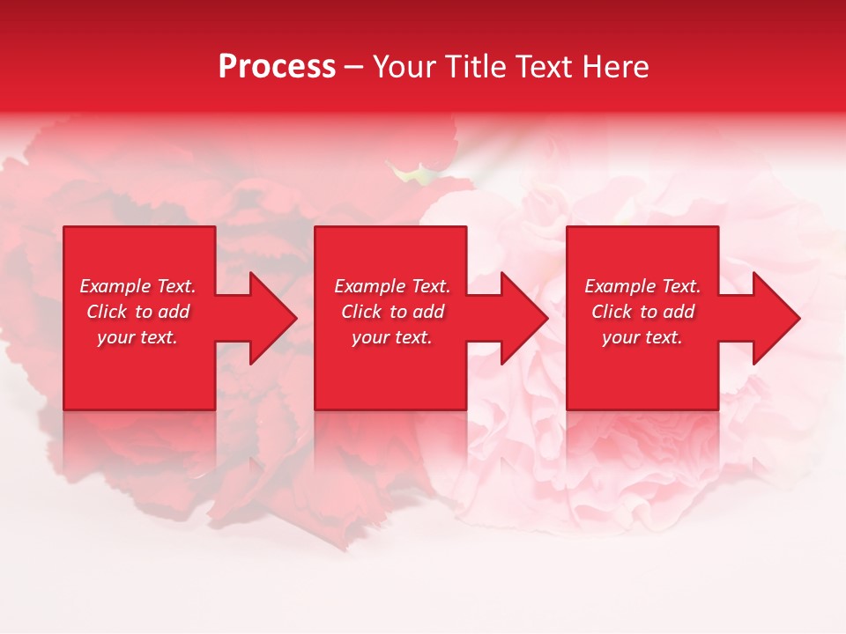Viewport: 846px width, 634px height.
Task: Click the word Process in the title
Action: click(x=277, y=67)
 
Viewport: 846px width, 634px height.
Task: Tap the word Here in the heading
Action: click(x=615, y=67)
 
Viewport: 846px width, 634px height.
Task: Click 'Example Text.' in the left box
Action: click(x=137, y=286)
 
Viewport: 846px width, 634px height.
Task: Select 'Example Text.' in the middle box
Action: click(x=392, y=286)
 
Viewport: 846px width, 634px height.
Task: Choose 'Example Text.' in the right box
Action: click(x=642, y=286)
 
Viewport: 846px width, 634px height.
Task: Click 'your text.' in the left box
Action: click(x=137, y=337)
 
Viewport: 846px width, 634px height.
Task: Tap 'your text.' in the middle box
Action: click(x=392, y=337)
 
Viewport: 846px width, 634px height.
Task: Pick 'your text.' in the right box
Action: click(x=642, y=337)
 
